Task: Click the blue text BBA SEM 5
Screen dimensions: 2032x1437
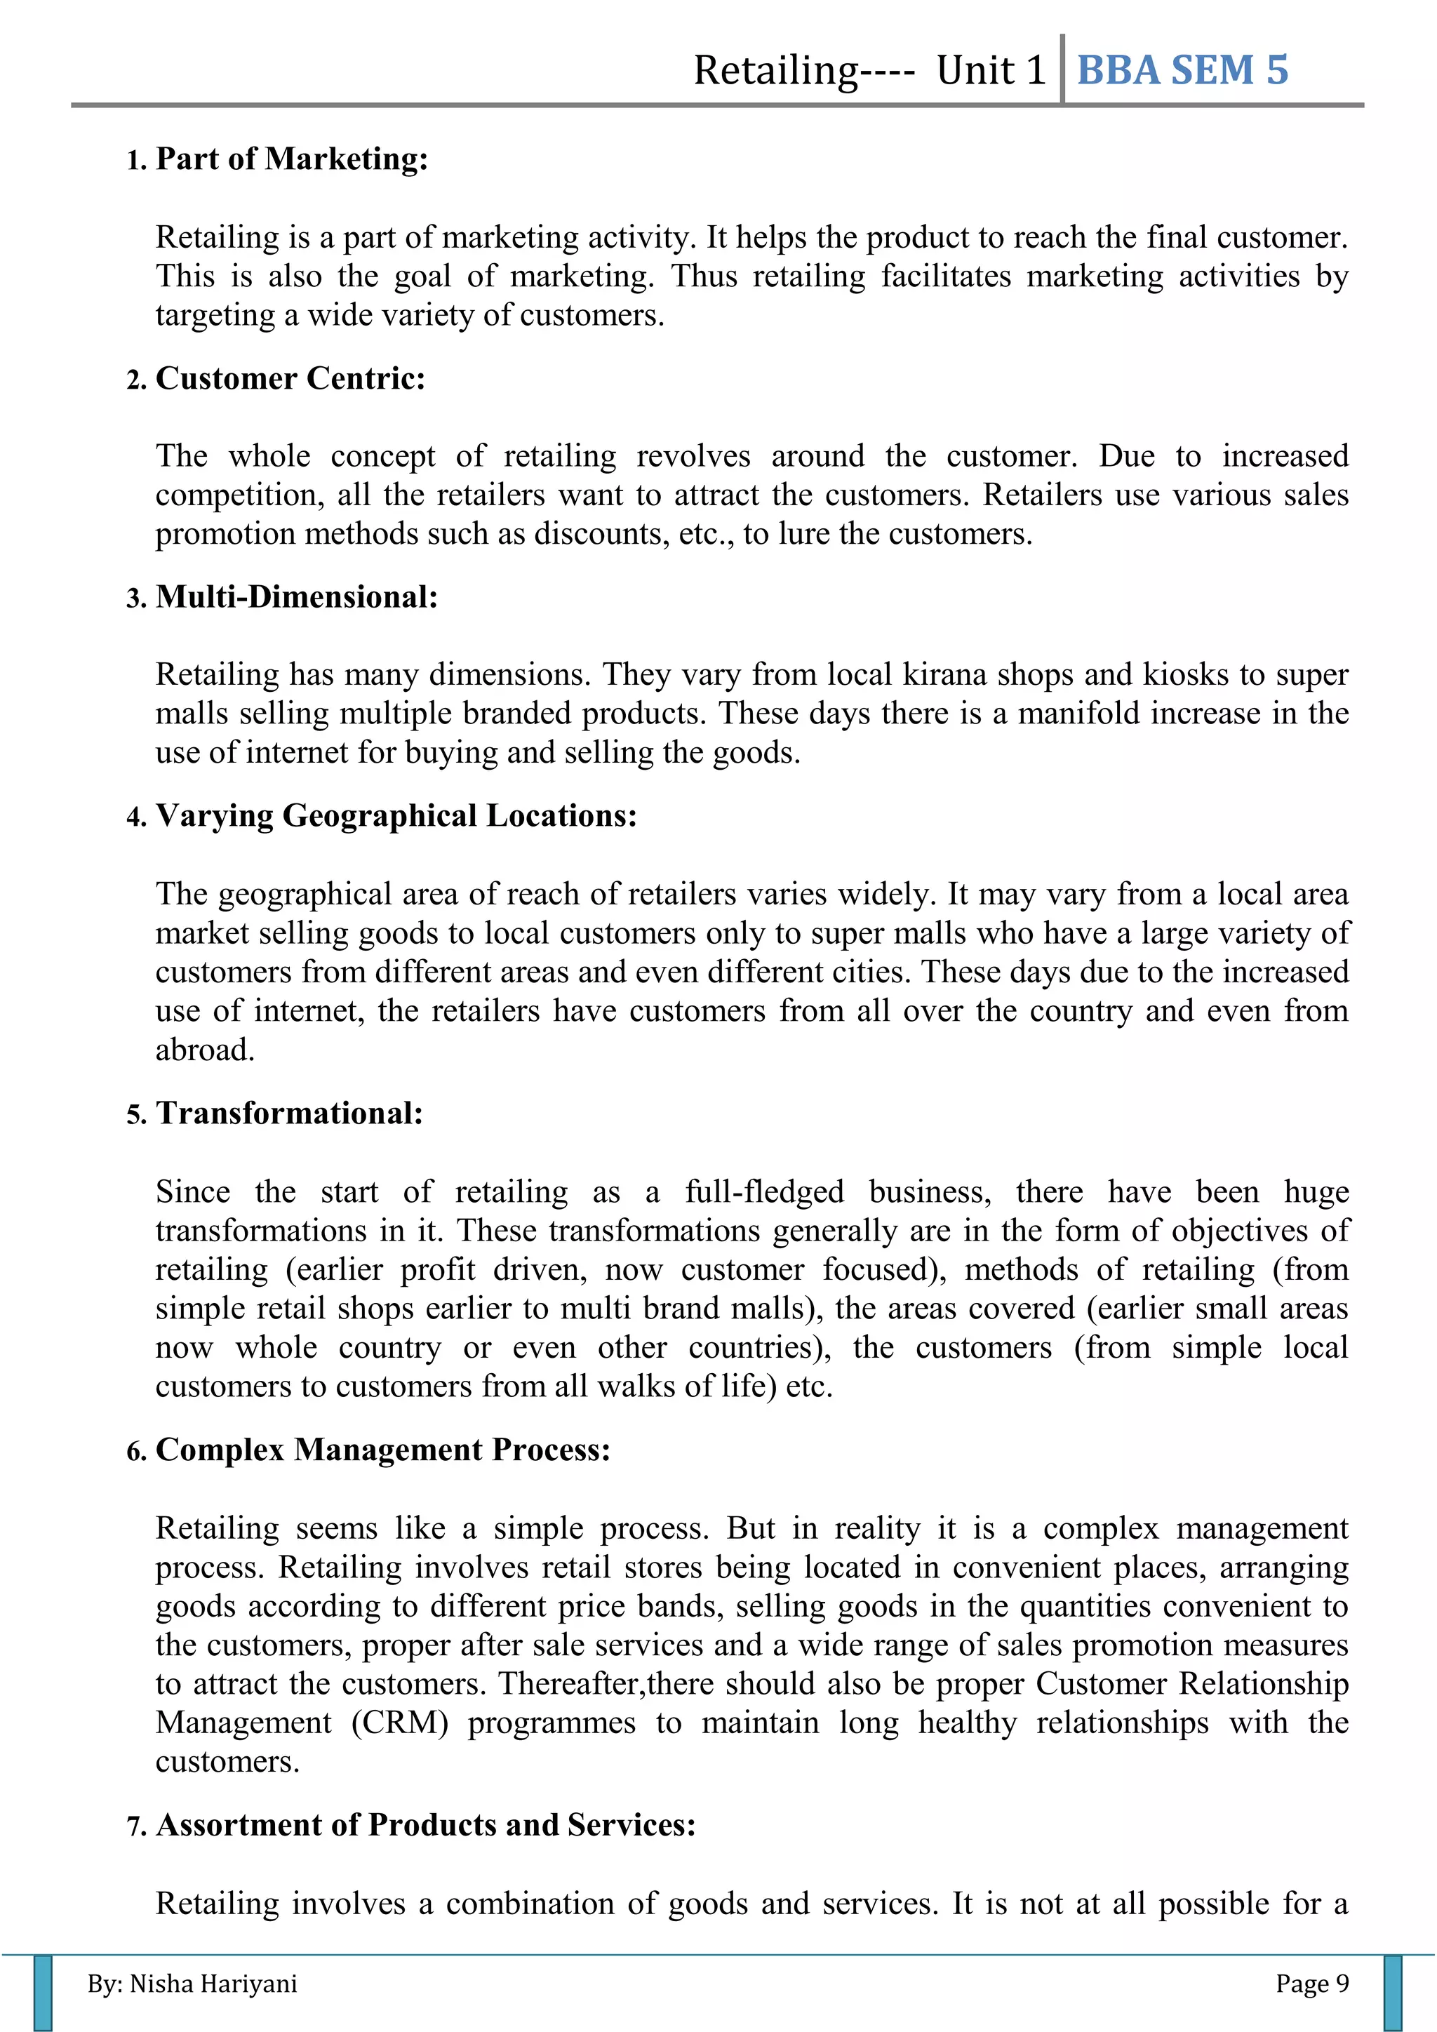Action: click(x=1182, y=71)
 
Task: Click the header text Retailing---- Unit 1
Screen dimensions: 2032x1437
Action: click(x=869, y=71)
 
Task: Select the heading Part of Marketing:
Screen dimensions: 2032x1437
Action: click(x=292, y=159)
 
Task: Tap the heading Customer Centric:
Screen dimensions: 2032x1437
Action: click(x=290, y=379)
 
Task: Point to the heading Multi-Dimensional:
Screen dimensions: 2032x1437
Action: click(x=296, y=597)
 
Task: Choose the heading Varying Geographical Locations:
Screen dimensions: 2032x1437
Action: click(x=396, y=816)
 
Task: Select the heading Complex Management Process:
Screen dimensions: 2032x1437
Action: click(x=382, y=1450)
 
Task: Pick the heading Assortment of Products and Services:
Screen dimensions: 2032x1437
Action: click(x=426, y=1826)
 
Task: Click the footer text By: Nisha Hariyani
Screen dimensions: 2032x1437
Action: click(x=192, y=1984)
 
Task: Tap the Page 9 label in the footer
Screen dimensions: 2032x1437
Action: click(x=1311, y=1984)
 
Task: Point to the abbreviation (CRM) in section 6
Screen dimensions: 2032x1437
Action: click(x=399, y=1723)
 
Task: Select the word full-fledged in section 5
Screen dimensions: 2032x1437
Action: click(x=765, y=1192)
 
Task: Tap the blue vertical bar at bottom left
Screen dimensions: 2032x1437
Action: click(x=43, y=1994)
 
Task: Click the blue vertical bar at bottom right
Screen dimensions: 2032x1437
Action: click(x=1393, y=1994)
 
